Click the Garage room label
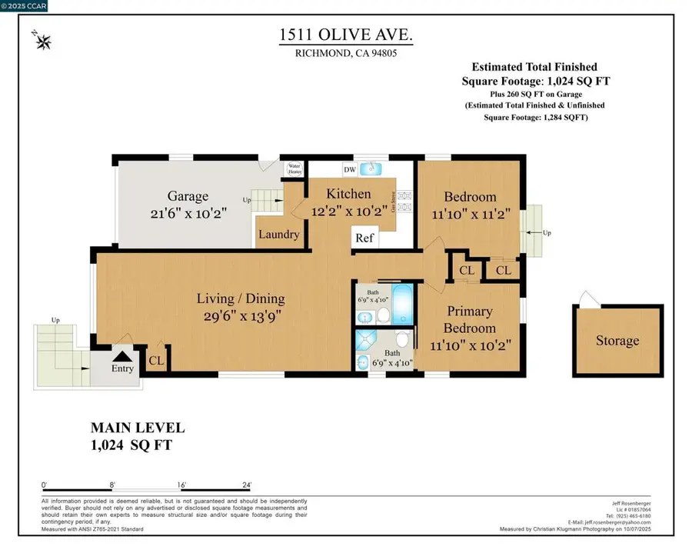(x=188, y=196)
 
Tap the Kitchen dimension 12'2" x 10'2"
(x=348, y=210)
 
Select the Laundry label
(x=278, y=235)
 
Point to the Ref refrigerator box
(x=364, y=238)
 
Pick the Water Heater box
(x=295, y=168)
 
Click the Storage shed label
(x=617, y=340)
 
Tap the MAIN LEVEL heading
(x=138, y=428)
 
